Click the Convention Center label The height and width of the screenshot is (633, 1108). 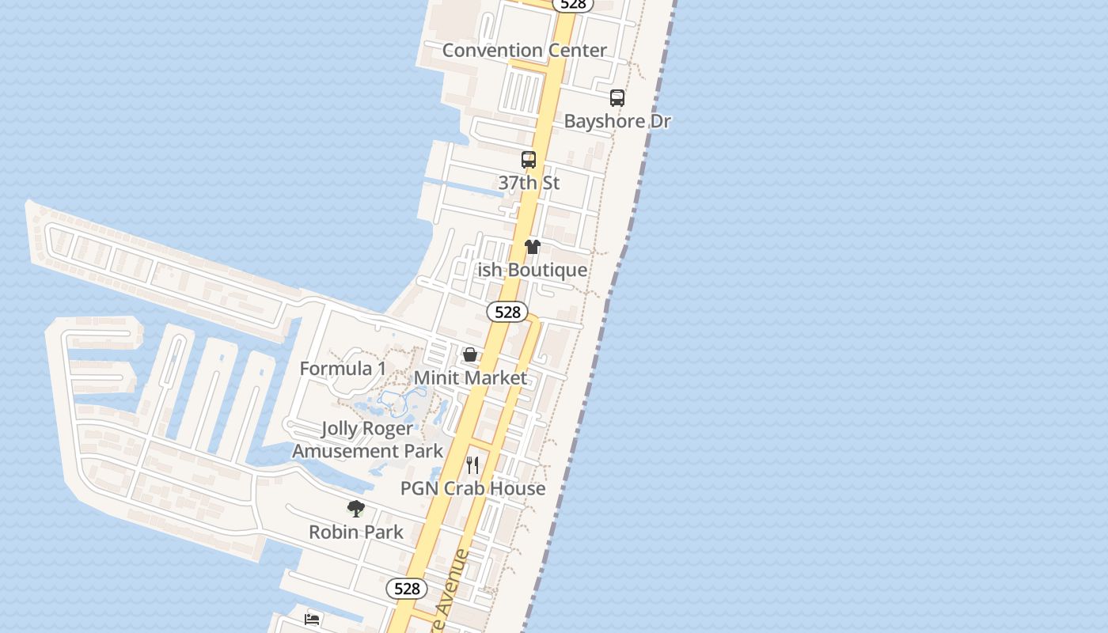pos(524,50)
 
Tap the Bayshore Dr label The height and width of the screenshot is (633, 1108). pos(617,121)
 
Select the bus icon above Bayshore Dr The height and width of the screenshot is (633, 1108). pos(617,98)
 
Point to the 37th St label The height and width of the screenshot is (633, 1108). pos(529,183)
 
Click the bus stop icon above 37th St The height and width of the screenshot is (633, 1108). pos(529,160)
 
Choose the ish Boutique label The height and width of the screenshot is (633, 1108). pos(532,270)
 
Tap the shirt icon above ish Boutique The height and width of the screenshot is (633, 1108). pos(533,247)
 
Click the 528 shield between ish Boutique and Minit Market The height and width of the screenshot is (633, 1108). pos(507,312)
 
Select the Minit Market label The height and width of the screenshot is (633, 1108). pos(470,377)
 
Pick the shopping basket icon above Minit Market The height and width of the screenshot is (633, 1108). pos(470,354)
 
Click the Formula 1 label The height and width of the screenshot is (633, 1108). pos(343,369)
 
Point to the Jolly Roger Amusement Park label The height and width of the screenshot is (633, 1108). pos(367,440)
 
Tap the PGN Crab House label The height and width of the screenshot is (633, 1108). pos(472,488)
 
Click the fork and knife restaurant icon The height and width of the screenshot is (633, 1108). pos(472,464)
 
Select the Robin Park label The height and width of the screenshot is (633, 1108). pos(356,532)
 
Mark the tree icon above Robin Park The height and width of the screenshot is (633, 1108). pos(356,509)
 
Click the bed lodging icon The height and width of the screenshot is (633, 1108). pos(313,619)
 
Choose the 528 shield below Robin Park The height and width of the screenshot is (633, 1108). pos(407,589)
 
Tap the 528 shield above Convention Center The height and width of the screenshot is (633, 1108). pos(572,4)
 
